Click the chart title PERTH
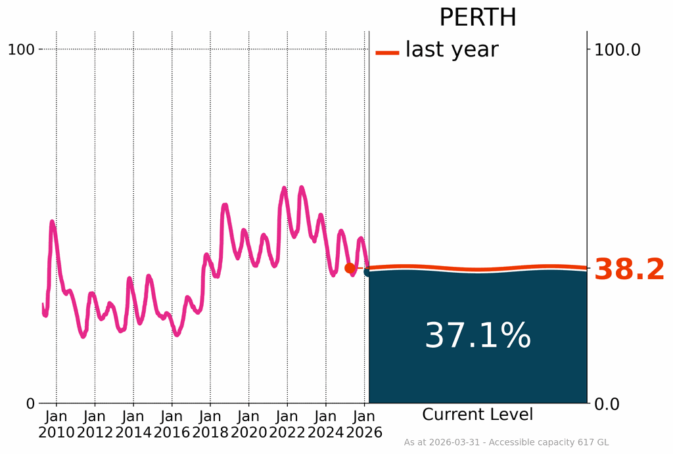tap(478, 18)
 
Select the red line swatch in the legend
tap(387, 53)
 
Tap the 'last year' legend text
tap(452, 49)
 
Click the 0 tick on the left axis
tap(30, 403)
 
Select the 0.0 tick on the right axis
tap(609, 403)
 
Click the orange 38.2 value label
tap(629, 270)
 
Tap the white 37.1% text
tap(478, 336)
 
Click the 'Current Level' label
tap(478, 415)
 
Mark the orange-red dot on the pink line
tap(350, 268)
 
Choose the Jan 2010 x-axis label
tap(57, 424)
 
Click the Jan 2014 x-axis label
tap(133, 424)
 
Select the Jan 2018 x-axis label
tap(210, 424)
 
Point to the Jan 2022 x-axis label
tap(287, 424)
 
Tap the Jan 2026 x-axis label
tap(364, 424)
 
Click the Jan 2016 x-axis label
tap(172, 424)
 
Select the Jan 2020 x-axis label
tap(248, 424)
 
